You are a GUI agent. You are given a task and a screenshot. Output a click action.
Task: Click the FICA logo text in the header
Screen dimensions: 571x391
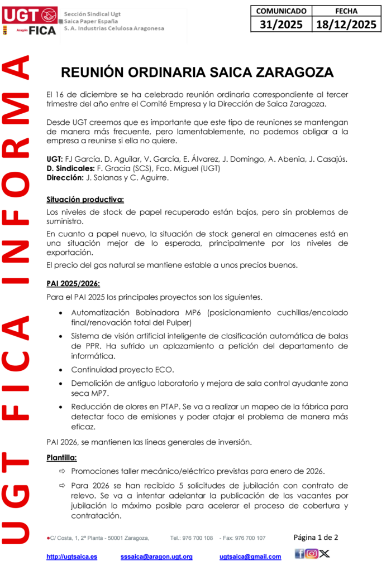[x=42, y=30]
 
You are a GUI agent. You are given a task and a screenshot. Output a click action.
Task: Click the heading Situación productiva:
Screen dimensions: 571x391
[x=85, y=199]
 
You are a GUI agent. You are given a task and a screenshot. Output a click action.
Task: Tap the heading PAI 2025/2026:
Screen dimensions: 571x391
[x=73, y=284]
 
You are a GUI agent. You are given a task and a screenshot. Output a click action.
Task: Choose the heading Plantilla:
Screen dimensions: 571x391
[x=61, y=458]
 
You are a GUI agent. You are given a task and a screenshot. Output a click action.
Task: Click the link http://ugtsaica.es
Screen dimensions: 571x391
[x=71, y=557]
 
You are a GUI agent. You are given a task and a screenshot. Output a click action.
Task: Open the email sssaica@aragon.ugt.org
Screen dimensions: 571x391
[x=156, y=557]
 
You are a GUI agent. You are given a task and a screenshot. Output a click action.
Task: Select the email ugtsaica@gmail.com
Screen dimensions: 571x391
[x=250, y=557]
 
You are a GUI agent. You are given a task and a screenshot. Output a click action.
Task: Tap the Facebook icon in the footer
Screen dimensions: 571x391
[x=299, y=554]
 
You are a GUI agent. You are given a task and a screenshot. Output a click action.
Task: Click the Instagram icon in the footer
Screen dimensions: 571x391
[x=312, y=554]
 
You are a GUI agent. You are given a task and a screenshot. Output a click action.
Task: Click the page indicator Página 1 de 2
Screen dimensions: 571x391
[x=316, y=538]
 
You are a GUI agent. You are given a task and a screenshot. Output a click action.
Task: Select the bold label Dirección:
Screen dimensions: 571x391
[x=65, y=178]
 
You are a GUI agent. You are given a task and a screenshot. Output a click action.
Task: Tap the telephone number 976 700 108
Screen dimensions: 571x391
[x=198, y=538]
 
